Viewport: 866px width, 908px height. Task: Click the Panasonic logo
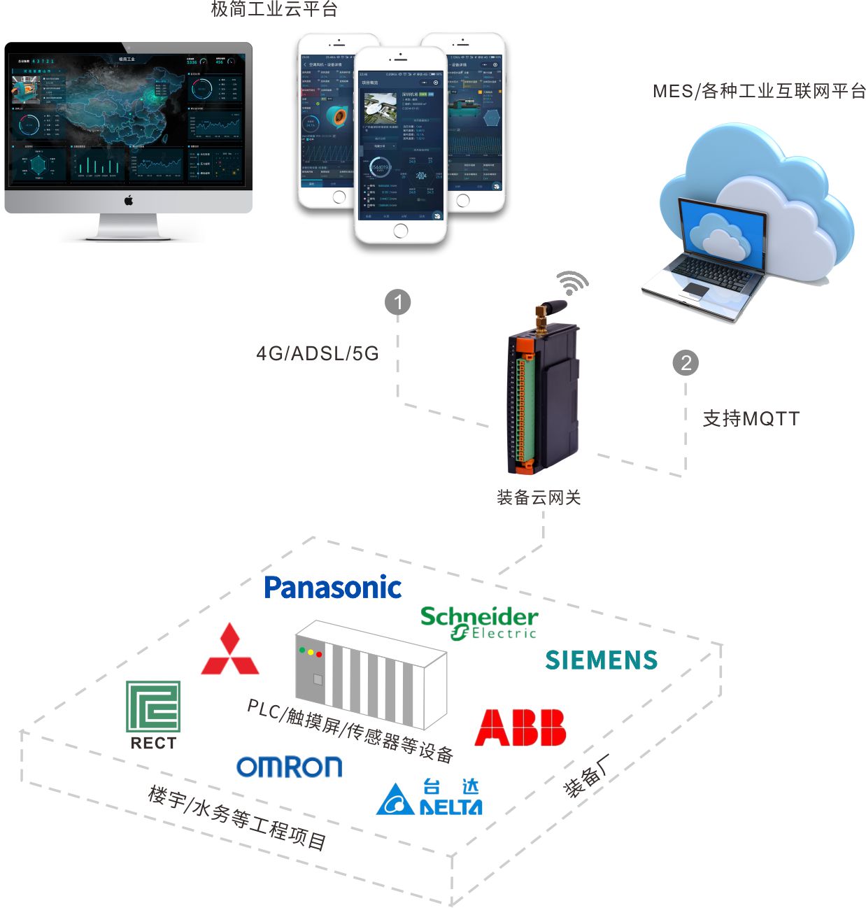tap(332, 588)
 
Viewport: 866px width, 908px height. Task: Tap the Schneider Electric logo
tap(479, 622)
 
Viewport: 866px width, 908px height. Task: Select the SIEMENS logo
tap(601, 660)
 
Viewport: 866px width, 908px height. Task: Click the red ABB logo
tap(520, 728)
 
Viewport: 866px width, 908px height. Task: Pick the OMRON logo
tap(289, 767)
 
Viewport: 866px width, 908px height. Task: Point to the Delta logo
tap(429, 798)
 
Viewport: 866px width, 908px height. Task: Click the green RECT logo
tap(153, 714)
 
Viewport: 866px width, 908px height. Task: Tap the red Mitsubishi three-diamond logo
tap(229, 651)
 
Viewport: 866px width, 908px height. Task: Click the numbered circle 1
tap(398, 302)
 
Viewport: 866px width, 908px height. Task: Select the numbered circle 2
tap(686, 362)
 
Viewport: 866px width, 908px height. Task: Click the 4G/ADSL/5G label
tap(318, 353)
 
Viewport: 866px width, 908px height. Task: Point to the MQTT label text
tap(751, 418)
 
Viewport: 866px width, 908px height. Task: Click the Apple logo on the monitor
tap(128, 201)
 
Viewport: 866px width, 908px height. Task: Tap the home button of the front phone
tap(400, 232)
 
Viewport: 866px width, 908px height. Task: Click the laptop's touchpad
tap(695, 290)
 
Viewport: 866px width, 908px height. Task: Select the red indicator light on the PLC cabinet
tap(320, 654)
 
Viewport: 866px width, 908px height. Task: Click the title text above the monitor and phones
tap(274, 9)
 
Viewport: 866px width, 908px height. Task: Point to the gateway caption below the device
tap(538, 497)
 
